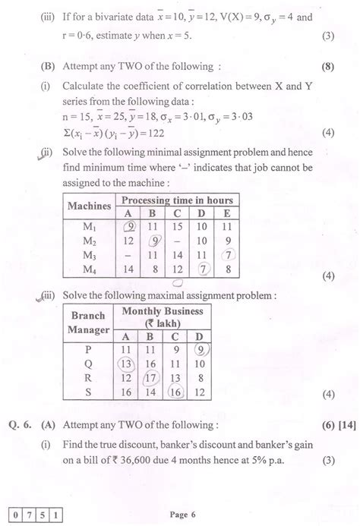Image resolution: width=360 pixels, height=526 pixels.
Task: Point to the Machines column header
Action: [x=89, y=206]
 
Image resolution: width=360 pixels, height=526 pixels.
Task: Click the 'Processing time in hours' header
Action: [x=178, y=200]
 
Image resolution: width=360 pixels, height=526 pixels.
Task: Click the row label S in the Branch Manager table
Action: [x=90, y=391]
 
